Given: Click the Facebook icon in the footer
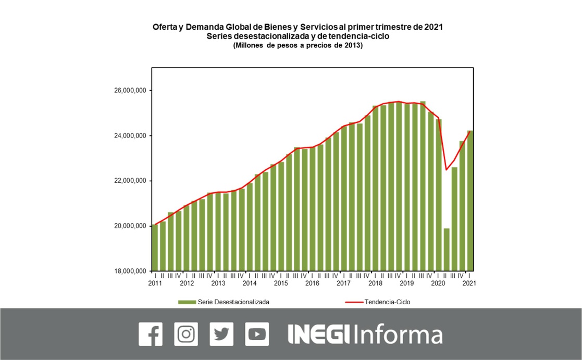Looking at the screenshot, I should click(x=151, y=334).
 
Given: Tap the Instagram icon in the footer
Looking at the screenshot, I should click(x=186, y=334).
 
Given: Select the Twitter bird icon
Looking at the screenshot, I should click(x=221, y=334).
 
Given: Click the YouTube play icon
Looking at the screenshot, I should click(x=257, y=334).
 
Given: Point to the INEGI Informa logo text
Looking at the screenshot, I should click(x=365, y=334).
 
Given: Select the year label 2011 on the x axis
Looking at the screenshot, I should click(x=155, y=283).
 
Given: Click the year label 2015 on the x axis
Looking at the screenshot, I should click(x=281, y=283).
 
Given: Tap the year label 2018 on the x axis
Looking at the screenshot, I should click(x=375, y=283).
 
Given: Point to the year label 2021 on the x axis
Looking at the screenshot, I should click(x=469, y=283).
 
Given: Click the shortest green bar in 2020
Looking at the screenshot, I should click(x=447, y=250).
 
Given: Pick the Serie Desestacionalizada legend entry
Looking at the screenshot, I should click(x=224, y=302).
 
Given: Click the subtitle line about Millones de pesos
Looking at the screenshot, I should click(x=298, y=46).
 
